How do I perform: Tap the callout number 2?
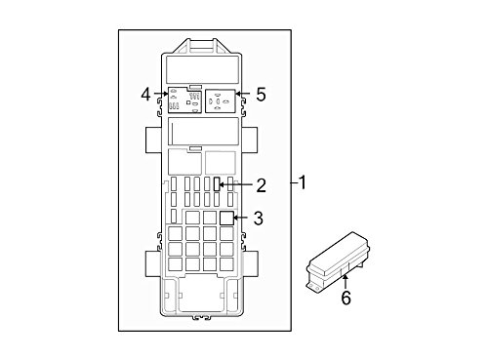[261, 184]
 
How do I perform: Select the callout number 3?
[258, 219]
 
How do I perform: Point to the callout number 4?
[146, 94]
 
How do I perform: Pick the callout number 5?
[260, 95]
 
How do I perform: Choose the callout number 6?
[346, 299]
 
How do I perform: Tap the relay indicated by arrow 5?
[222, 100]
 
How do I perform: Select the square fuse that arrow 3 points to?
[225, 219]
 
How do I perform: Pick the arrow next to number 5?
[244, 95]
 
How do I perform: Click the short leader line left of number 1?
[292, 182]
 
